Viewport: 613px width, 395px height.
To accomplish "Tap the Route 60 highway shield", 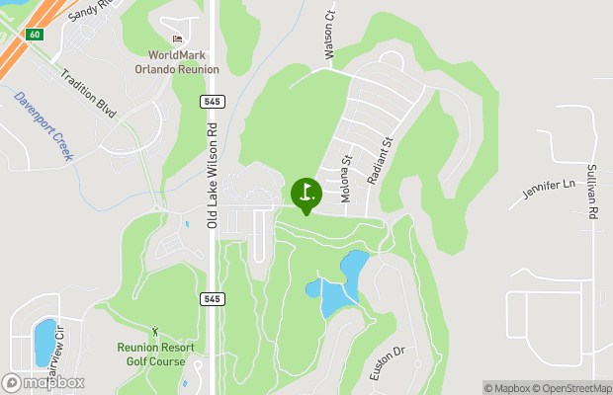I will [x=35, y=35].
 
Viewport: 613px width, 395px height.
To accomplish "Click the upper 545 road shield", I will [x=213, y=101].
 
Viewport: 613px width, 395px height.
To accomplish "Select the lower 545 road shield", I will [x=213, y=297].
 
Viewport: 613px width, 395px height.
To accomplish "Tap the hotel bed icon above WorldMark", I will [x=177, y=39].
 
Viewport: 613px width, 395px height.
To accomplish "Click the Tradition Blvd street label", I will [x=89, y=95].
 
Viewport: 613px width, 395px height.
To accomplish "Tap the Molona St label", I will [x=347, y=179].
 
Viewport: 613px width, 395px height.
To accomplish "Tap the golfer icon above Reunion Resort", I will [x=155, y=331].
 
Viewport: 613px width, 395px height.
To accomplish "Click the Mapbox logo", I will [x=43, y=382].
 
